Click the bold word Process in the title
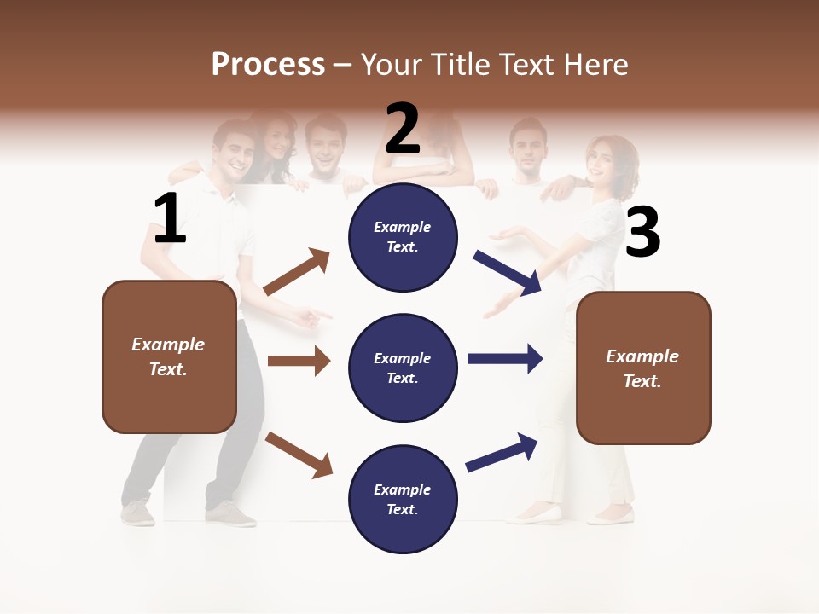[x=268, y=64]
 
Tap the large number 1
[x=170, y=219]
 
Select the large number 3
[x=642, y=234]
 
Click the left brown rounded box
[x=169, y=356]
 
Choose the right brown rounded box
[x=643, y=368]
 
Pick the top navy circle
[x=403, y=237]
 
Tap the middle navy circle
[x=403, y=368]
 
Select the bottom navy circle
[x=403, y=499]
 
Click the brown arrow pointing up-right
[x=297, y=272]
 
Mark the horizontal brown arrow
[x=299, y=361]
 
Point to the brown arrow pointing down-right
[x=299, y=455]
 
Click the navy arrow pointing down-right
[x=508, y=273]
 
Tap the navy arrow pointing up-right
[x=502, y=452]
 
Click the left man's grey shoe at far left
[x=137, y=513]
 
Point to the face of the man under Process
[x=233, y=148]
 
